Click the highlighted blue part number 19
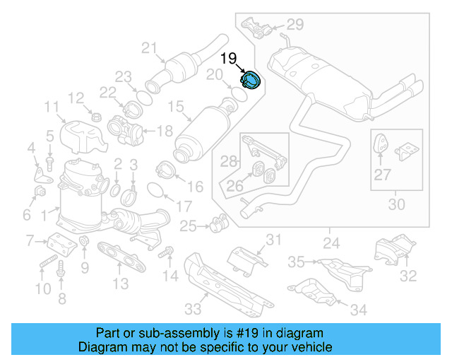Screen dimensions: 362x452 pos(251,81)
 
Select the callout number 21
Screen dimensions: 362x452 pos(148,48)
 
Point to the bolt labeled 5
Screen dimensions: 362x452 pos(50,162)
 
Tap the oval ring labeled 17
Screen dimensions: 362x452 pos(156,189)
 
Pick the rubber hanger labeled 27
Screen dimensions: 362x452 pos(379,145)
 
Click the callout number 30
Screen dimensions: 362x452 pos(398,205)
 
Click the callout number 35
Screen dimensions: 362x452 pos(295,262)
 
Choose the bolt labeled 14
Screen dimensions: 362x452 pos(167,252)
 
